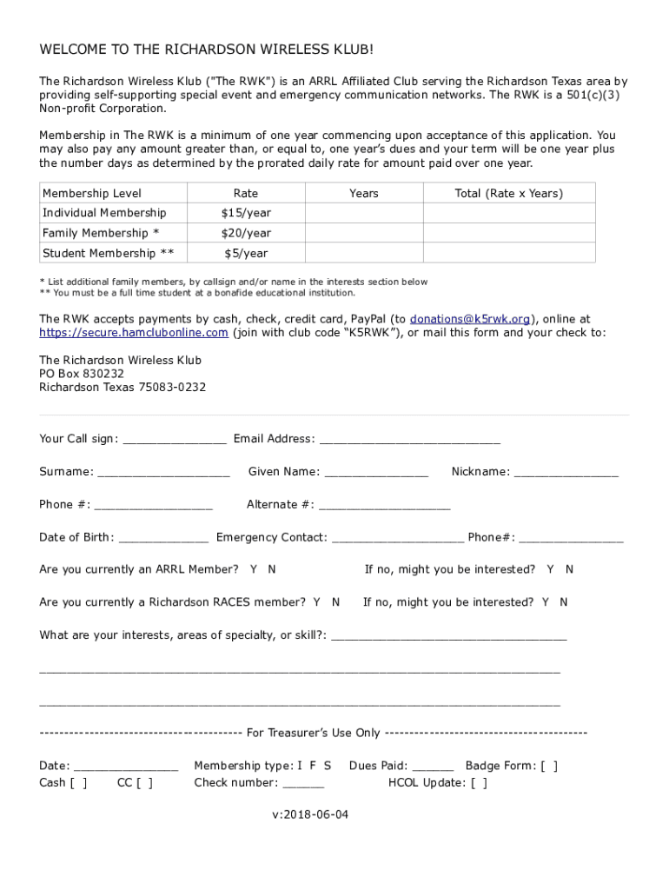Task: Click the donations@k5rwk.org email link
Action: [x=470, y=319]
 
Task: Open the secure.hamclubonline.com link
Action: [x=134, y=332]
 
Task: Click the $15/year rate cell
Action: [x=246, y=213]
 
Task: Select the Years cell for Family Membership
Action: [x=363, y=233]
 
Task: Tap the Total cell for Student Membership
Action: [x=508, y=253]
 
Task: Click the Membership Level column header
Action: [x=92, y=193]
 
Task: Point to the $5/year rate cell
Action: [x=246, y=253]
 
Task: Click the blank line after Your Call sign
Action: [x=175, y=440]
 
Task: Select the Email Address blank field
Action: [x=409, y=440]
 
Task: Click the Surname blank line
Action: [x=163, y=473]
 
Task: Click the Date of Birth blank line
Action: [x=163, y=538]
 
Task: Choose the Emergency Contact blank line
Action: [x=397, y=538]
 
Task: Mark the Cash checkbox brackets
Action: [x=78, y=782]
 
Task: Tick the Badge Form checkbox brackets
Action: [x=549, y=766]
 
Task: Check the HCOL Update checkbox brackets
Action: [x=479, y=782]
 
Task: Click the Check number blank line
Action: [x=303, y=783]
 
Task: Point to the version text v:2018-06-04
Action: [x=310, y=815]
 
